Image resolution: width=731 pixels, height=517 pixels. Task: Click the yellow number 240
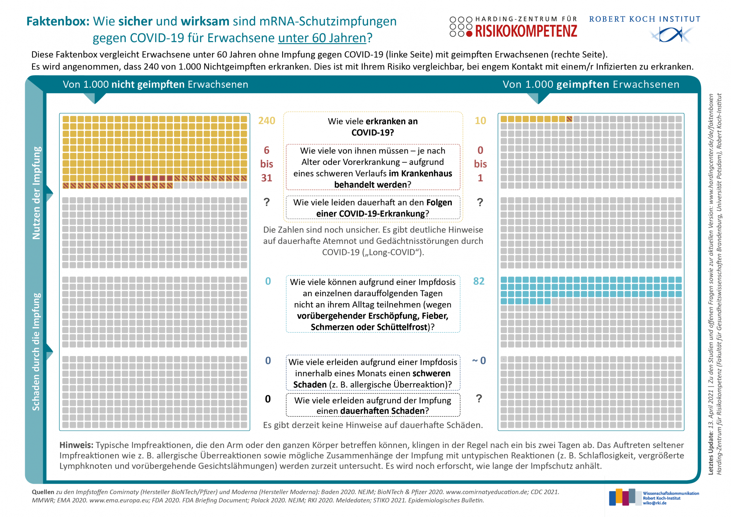(x=266, y=121)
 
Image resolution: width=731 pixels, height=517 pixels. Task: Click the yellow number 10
(x=480, y=121)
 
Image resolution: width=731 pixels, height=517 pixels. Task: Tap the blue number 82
(x=478, y=281)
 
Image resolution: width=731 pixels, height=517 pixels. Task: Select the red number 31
(x=266, y=178)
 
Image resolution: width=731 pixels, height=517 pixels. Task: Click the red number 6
(x=266, y=150)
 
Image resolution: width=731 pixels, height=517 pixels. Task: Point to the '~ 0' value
(x=479, y=361)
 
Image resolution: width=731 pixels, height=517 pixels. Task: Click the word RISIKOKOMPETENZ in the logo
(x=526, y=31)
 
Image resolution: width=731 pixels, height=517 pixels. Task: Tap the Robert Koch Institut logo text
(x=644, y=19)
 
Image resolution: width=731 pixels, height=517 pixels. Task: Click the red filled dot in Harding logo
(x=469, y=34)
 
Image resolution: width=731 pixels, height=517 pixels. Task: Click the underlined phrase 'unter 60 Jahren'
(x=322, y=38)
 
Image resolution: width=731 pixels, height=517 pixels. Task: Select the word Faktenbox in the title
(x=58, y=21)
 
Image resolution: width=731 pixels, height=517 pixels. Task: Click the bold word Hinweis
(x=76, y=445)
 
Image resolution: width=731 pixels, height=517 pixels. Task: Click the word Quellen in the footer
(x=43, y=492)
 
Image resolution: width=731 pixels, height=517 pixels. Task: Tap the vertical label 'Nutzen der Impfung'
(x=37, y=193)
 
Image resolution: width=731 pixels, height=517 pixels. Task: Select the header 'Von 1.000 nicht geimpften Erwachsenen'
(x=155, y=84)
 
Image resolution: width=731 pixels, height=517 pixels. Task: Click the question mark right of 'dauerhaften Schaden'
(x=479, y=399)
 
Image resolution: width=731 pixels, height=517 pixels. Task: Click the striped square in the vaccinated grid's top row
(x=569, y=119)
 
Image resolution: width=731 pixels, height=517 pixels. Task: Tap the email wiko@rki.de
(x=655, y=503)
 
